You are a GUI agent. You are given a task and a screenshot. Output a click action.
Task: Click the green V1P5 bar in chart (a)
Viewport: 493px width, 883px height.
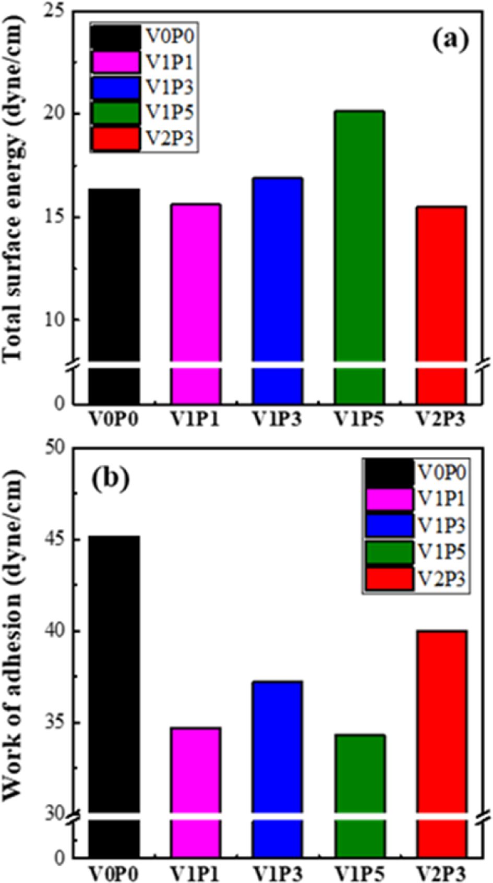click(359, 235)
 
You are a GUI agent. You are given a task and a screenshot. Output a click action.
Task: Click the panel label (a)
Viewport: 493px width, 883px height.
click(450, 38)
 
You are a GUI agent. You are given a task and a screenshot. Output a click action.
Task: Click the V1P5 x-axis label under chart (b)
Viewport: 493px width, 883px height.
click(359, 873)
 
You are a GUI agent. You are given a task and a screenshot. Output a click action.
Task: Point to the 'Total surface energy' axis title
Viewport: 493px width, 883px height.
click(15, 188)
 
